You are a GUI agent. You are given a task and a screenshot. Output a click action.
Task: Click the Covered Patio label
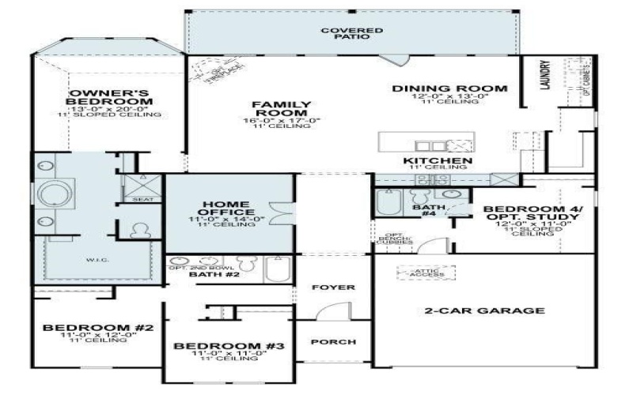pyautogui.click(x=351, y=33)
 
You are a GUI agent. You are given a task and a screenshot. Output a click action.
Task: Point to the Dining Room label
pyautogui.click(x=449, y=88)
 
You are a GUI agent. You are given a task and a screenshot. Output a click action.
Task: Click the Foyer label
pyautogui.click(x=332, y=288)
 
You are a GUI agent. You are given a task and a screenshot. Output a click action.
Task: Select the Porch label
pyautogui.click(x=332, y=342)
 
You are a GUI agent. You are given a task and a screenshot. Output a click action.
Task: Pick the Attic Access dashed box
pyautogui.click(x=425, y=273)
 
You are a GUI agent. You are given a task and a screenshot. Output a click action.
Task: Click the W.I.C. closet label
pyautogui.click(x=97, y=258)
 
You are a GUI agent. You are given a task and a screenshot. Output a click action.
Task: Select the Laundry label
pyautogui.click(x=544, y=76)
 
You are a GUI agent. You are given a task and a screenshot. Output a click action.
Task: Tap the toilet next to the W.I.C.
pyautogui.click(x=141, y=231)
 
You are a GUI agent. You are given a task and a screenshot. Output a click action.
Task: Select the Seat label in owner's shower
pyautogui.click(x=142, y=199)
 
